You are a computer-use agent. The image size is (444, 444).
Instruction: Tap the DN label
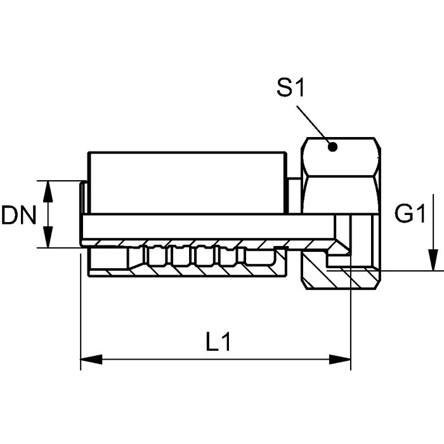pyautogui.click(x=18, y=216)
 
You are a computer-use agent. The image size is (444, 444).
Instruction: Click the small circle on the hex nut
pyautogui.click(x=332, y=147)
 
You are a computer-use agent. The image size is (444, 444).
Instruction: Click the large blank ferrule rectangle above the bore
pyautogui.click(x=184, y=183)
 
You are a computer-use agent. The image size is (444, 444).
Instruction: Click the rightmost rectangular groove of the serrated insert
pyautogui.click(x=263, y=256)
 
